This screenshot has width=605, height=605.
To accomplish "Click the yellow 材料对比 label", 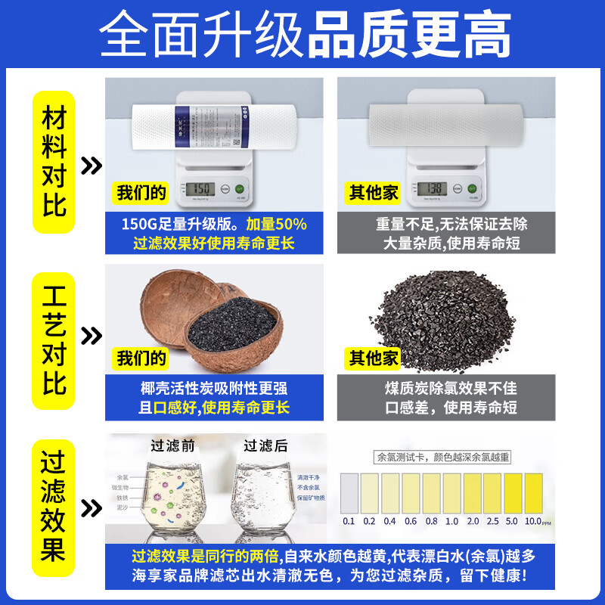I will tap(54, 162).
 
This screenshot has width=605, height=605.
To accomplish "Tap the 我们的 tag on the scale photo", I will tap(141, 193).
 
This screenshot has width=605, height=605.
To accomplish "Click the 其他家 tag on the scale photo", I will tap(373, 193).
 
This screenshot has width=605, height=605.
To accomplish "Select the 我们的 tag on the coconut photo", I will tap(141, 358).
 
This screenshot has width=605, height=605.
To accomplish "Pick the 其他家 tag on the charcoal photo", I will tap(373, 358).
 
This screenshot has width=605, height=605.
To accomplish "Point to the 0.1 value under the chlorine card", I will tap(349, 522).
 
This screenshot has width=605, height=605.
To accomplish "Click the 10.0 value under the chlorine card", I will tap(533, 522).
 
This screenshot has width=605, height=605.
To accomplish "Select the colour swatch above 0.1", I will tap(349, 492).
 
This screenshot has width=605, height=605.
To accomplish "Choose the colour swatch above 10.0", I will tap(533, 492).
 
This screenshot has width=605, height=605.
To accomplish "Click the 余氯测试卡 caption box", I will tap(443, 456).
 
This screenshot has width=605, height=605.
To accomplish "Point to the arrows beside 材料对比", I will tap(92, 166).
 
